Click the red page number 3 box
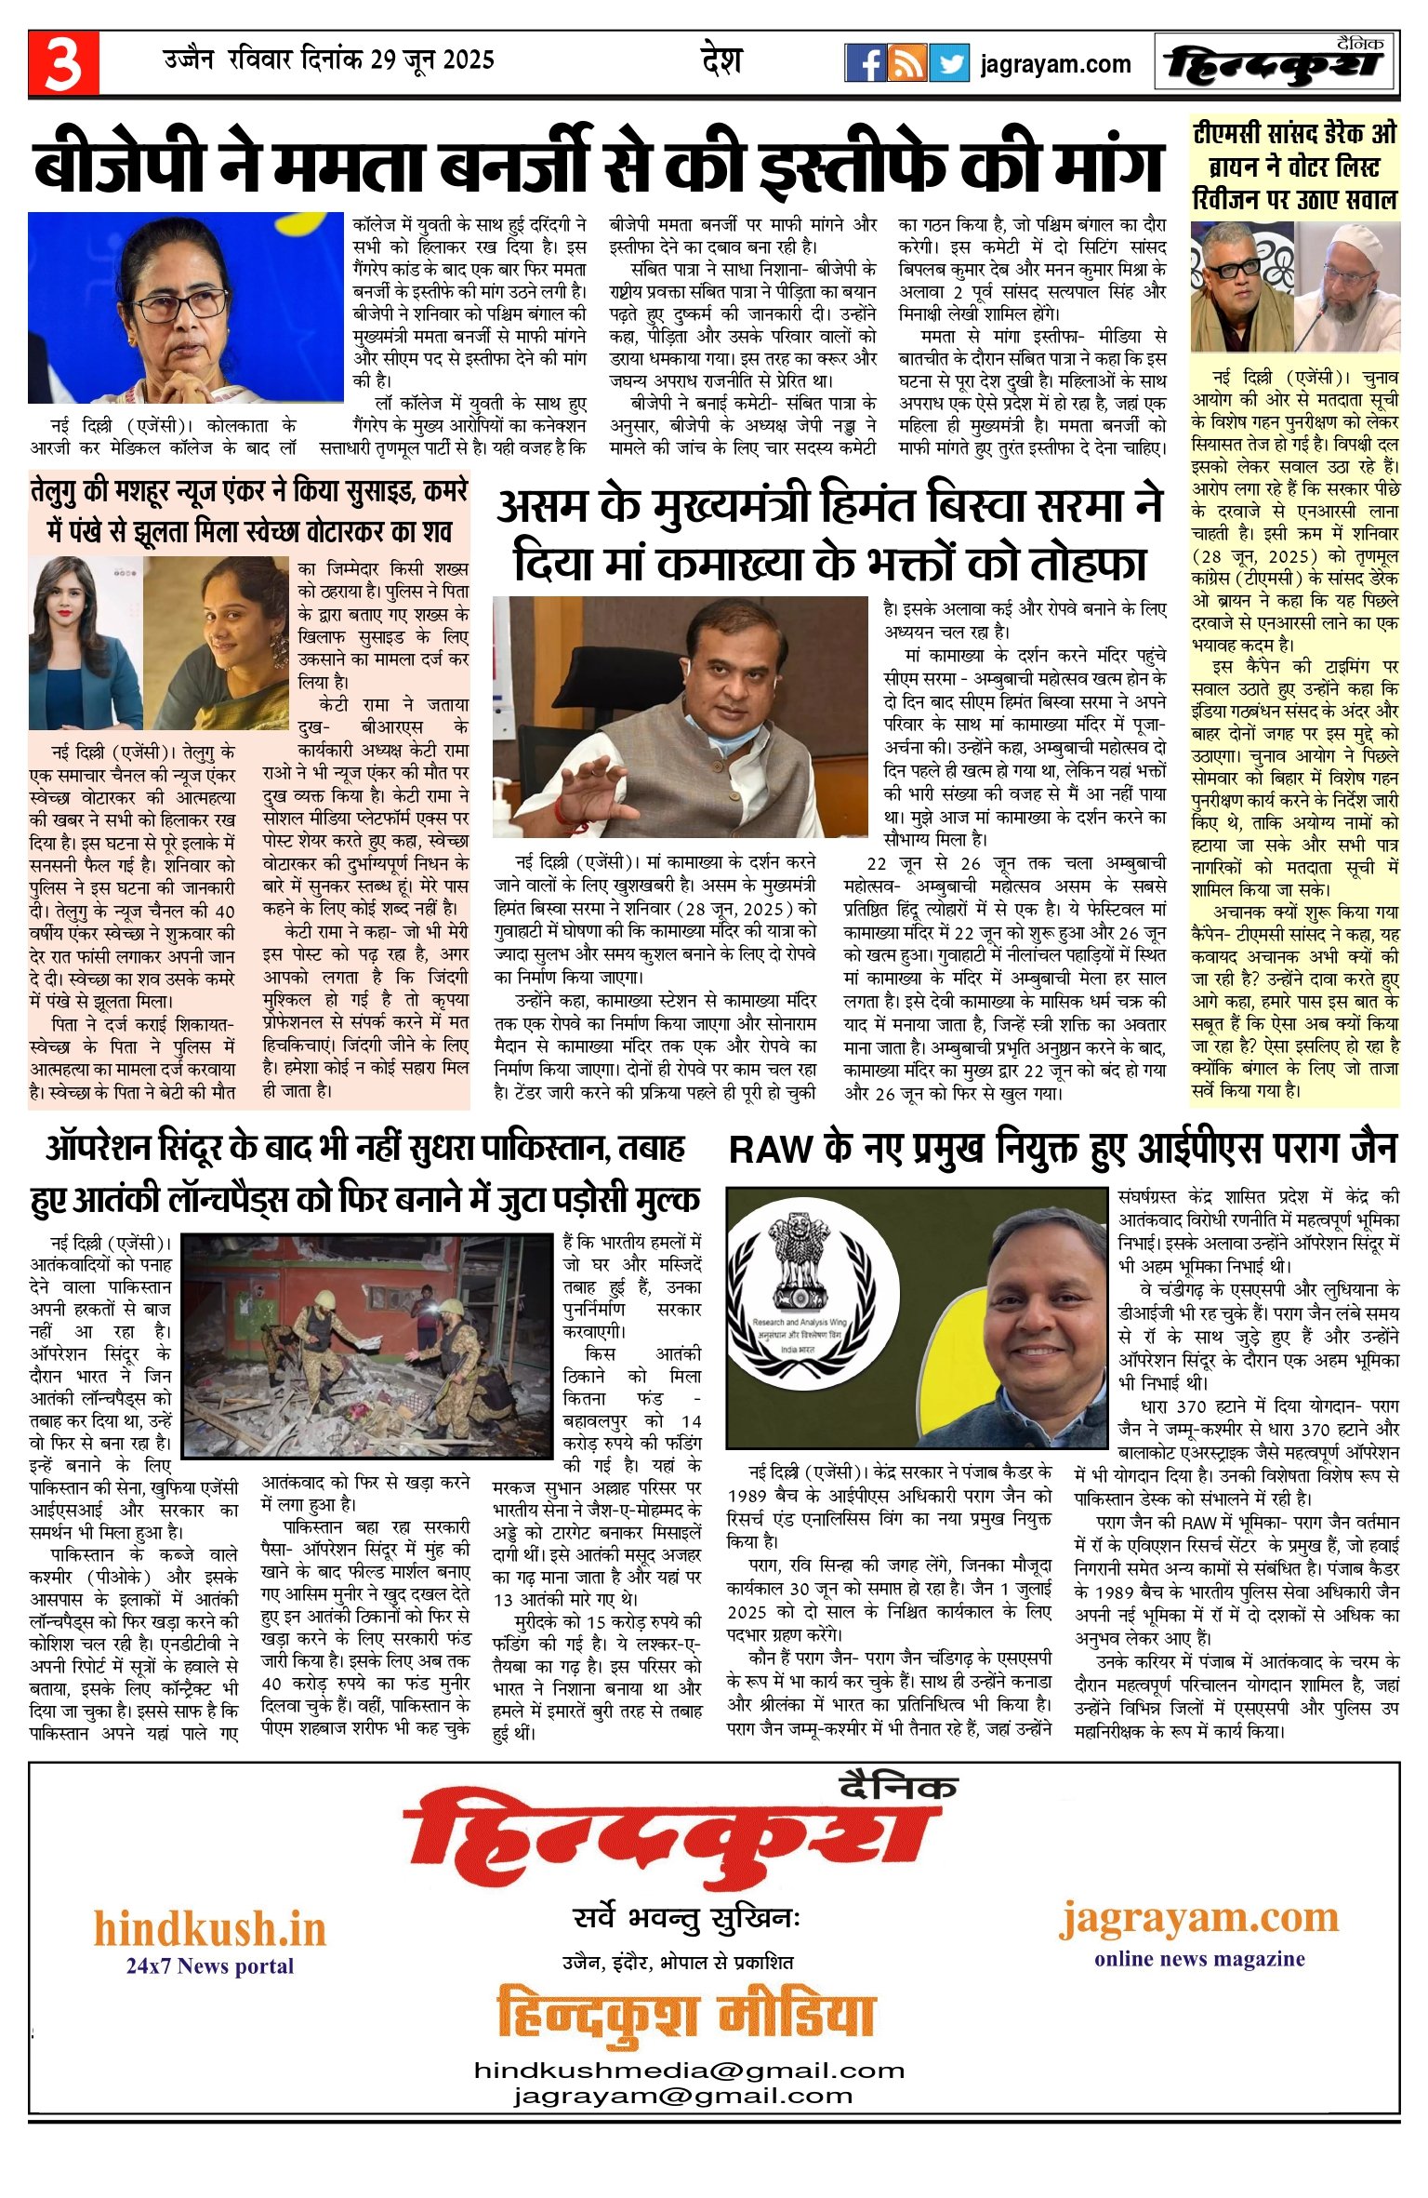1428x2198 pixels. click(63, 63)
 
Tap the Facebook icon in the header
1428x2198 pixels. click(865, 63)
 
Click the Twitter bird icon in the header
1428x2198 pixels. click(948, 63)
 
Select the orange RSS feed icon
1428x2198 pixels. click(906, 63)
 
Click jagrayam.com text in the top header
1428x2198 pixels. click(1055, 64)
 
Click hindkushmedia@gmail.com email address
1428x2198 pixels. click(689, 2070)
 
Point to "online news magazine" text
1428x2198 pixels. click(1198, 1959)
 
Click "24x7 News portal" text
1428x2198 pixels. click(209, 1965)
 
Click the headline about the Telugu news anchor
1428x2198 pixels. click(249, 511)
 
